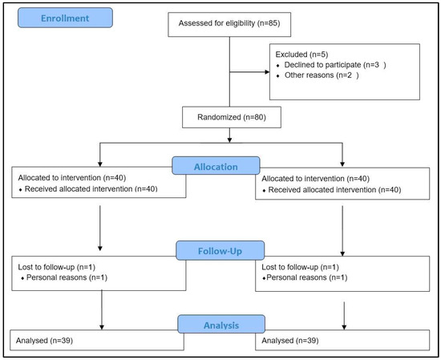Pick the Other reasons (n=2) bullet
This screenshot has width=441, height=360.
(315, 76)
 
